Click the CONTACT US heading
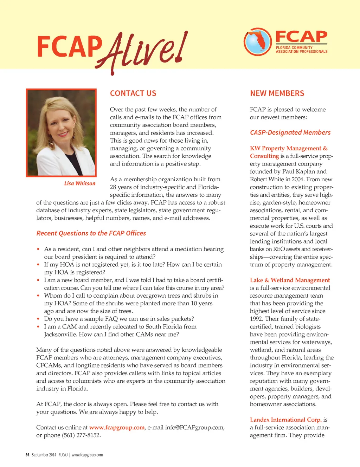point(133,93)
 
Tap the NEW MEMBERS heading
point(277,93)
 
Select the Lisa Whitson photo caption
point(80,183)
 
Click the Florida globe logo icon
point(257,42)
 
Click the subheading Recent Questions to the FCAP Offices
point(91,233)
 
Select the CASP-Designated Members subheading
point(290,132)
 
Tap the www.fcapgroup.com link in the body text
point(117,428)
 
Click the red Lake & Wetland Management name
point(290,280)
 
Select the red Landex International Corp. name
point(285,420)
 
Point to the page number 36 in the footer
point(27,455)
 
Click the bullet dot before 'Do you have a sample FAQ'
point(38,319)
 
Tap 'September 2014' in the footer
point(44,455)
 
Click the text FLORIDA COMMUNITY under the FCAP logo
point(294,47)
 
